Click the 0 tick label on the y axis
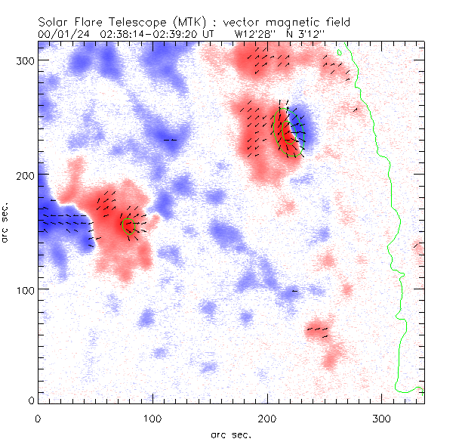pyautogui.click(x=31, y=400)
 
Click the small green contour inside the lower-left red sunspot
pyautogui.click(x=129, y=225)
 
